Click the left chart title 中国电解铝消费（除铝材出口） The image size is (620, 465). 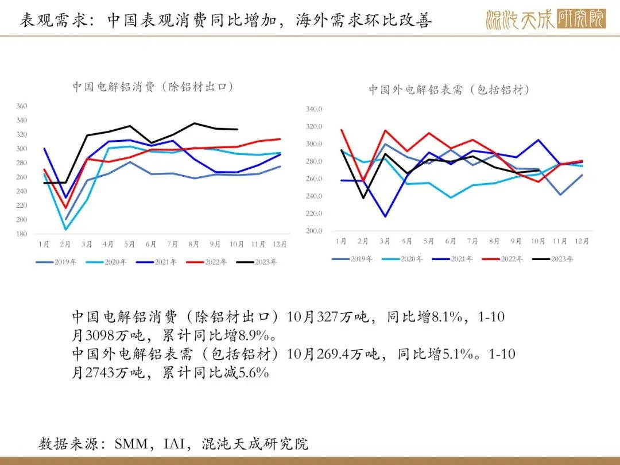pos(153,87)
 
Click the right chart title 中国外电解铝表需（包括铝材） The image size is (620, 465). pos(449,90)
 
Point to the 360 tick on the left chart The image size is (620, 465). pos(22,106)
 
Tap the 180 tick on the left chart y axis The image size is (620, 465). pos(22,234)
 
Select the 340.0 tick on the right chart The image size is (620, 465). pos(314,109)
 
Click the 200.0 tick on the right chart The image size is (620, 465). pos(314,231)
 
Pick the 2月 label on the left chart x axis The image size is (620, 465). pos(65,245)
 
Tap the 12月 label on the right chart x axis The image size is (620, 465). pos(582,241)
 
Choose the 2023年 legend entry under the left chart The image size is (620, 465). pos(257,262)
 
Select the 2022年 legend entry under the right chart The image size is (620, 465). pos(502,259)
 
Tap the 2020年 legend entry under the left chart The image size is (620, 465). pos(106,262)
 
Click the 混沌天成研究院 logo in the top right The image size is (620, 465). pos(546,19)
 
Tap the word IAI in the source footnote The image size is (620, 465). pos(174,444)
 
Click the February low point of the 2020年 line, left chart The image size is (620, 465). pos(65,229)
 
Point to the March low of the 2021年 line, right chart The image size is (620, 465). pos(385,216)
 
